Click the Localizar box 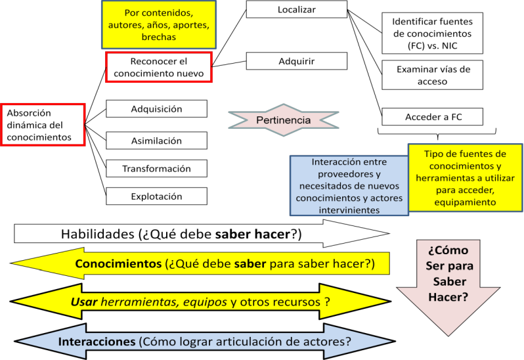coord(297,9)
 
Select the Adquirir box coord(297,61)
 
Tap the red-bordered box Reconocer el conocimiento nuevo coord(159,67)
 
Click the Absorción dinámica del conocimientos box coord(43,125)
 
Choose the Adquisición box coord(156,108)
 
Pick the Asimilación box coord(156,141)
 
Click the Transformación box coord(156,168)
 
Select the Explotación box coord(156,196)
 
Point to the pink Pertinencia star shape coord(284,120)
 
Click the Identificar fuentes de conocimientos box coord(433,34)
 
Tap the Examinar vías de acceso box coord(433,75)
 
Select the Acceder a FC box coord(433,117)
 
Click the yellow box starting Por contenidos coord(159,25)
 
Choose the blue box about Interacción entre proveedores coord(349,185)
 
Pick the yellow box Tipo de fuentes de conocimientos coord(465,178)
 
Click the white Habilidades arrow coord(202,234)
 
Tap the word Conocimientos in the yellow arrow coord(118,263)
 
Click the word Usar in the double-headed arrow coord(84,302)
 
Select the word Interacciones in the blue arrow coord(97,342)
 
